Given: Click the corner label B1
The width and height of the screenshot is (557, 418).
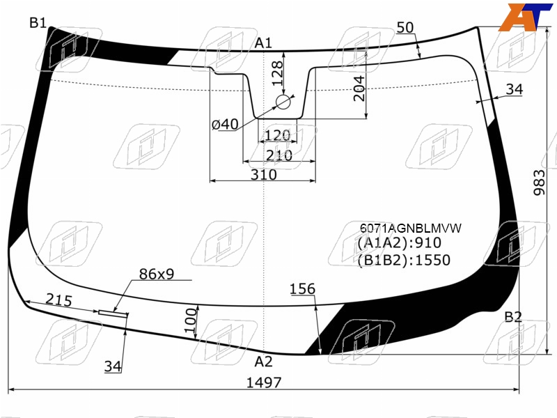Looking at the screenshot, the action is (x=38, y=23).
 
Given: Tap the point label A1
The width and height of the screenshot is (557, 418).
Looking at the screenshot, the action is (x=263, y=43).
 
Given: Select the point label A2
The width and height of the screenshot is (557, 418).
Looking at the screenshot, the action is (x=263, y=362).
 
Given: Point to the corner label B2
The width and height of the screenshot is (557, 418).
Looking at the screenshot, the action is (x=513, y=317).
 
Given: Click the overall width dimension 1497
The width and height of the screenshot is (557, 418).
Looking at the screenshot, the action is (x=264, y=382).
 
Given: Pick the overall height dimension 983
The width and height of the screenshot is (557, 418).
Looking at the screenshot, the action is (x=539, y=183).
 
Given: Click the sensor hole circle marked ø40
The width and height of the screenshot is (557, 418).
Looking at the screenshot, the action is (x=283, y=102).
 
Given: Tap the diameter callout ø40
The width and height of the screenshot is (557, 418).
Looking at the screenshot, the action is (x=225, y=125).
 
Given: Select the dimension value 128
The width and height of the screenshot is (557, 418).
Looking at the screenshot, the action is (x=277, y=74).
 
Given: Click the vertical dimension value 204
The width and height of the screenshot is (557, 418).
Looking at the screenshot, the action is (x=359, y=88).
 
